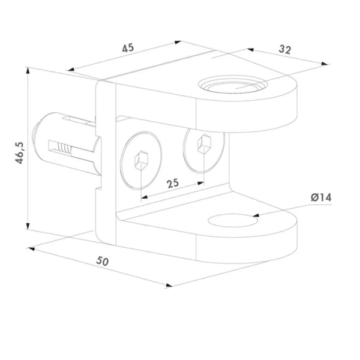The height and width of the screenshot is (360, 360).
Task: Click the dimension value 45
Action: pyautogui.click(x=128, y=48)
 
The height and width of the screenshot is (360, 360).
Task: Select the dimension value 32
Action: pyautogui.click(x=285, y=49)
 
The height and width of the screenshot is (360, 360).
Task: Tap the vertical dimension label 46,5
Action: pyautogui.click(x=20, y=153)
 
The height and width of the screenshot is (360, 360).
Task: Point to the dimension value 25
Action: pyautogui.click(x=173, y=183)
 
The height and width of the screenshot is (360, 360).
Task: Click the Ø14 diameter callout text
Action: pyautogui.click(x=321, y=197)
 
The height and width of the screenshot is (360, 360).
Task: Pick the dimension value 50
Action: pyautogui.click(x=103, y=261)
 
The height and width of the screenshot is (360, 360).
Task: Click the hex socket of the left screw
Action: pyautogui.click(x=142, y=160)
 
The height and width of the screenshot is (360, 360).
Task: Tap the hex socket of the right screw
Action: pyautogui.click(x=205, y=144)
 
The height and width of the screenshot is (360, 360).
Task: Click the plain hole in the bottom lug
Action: pyautogui.click(x=233, y=220)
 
